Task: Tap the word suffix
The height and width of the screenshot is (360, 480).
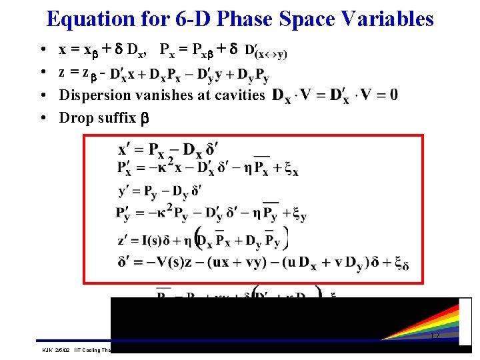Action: (x=115, y=117)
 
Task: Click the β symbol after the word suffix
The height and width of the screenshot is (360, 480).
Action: (x=144, y=119)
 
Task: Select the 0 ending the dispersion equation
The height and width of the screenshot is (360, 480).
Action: (x=394, y=95)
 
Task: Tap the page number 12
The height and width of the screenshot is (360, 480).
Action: (x=435, y=337)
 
